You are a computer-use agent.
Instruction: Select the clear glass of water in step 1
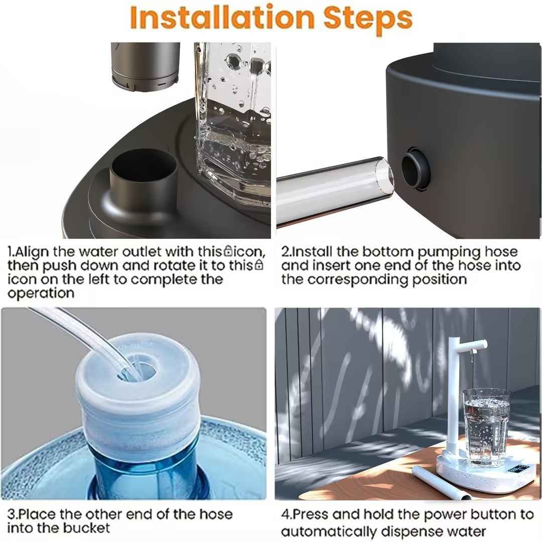point(233,125)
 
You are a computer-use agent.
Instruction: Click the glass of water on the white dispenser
point(486,427)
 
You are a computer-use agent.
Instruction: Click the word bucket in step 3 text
point(86,528)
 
